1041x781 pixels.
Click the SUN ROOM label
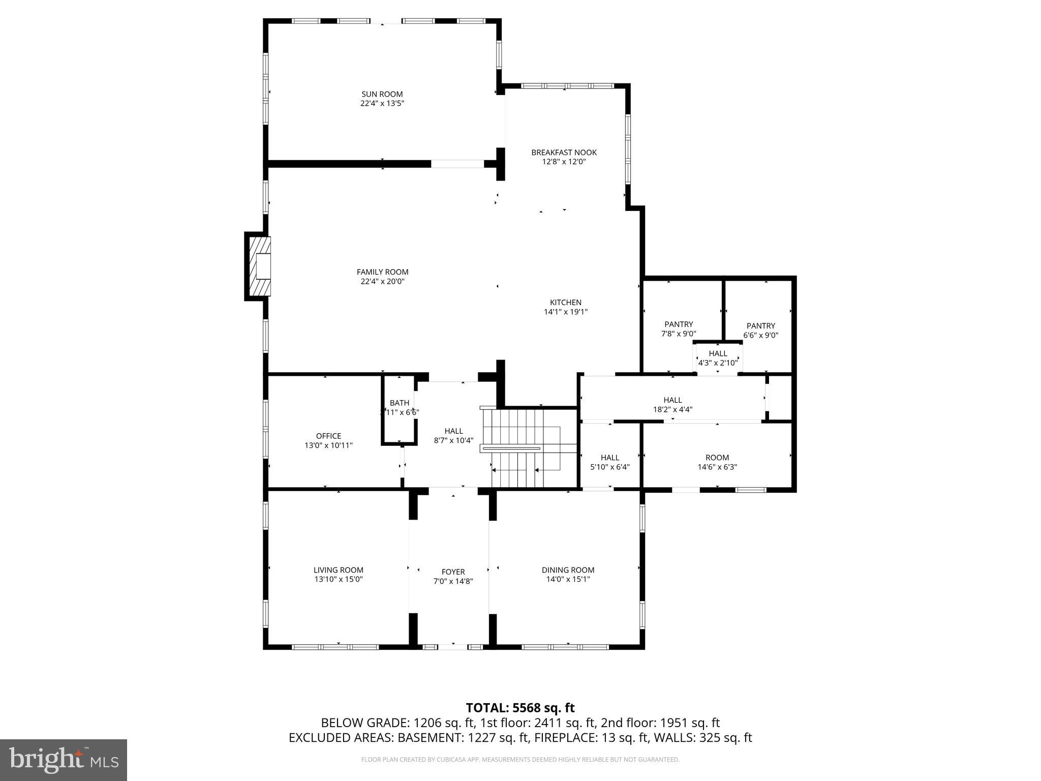[x=382, y=94]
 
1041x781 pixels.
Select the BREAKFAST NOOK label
[x=564, y=153]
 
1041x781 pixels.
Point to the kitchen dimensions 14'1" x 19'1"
[x=565, y=312]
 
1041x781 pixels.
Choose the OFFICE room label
[x=328, y=436]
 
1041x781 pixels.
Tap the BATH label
[x=399, y=403]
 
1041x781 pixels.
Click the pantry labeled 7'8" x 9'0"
[x=679, y=329]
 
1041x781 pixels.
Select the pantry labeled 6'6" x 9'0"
[x=760, y=331]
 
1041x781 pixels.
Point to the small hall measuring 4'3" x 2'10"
[x=718, y=358]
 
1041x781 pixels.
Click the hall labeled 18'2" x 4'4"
[x=672, y=404]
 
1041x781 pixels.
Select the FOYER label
[x=453, y=572]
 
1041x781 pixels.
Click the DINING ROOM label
[x=568, y=570]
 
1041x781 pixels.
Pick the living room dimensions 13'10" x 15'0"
[x=338, y=579]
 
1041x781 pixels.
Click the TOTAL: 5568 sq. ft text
[x=520, y=708]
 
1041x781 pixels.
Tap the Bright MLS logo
[x=64, y=760]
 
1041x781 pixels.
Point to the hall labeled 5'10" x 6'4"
[x=609, y=462]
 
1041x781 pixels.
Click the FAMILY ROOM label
[x=382, y=272]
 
